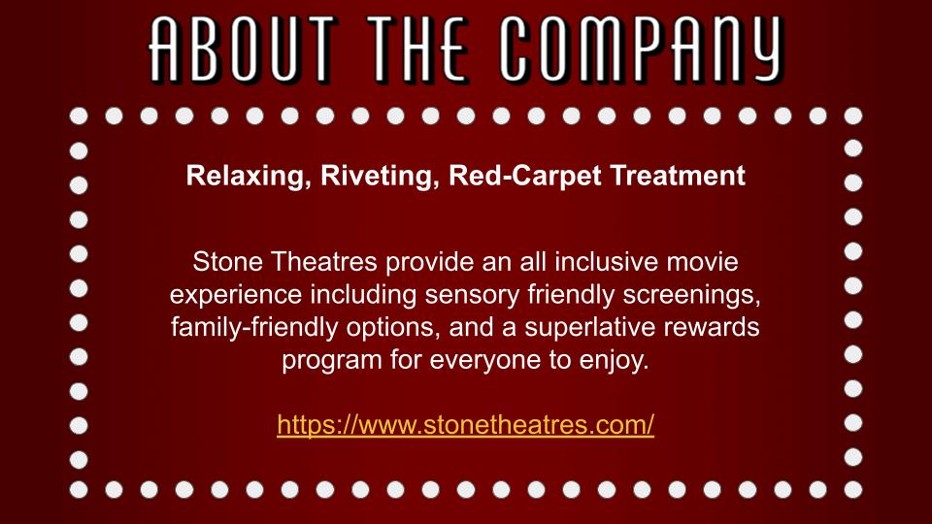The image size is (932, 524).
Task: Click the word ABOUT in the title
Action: (x=243, y=49)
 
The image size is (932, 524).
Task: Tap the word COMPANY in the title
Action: (x=642, y=49)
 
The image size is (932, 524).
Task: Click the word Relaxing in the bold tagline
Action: (x=249, y=177)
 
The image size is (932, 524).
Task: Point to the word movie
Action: (x=702, y=262)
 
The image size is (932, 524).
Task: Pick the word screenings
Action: (x=692, y=295)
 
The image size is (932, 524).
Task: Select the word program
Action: (x=332, y=361)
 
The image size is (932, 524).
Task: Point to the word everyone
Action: (x=485, y=361)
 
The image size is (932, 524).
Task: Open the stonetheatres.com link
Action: (x=465, y=425)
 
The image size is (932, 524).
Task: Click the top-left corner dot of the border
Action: (x=79, y=115)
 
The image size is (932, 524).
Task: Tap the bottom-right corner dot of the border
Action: (x=853, y=489)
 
